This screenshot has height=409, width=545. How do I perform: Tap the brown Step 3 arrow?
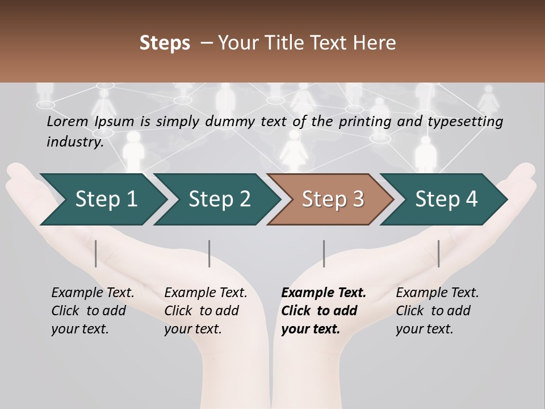[x=333, y=199]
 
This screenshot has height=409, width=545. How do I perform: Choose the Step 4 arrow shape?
[x=446, y=199]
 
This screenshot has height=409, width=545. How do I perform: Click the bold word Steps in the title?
[x=165, y=43]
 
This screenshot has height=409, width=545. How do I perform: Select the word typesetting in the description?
[x=469, y=121]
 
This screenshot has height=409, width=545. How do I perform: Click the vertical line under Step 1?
[x=96, y=253]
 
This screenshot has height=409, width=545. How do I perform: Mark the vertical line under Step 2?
[x=209, y=253]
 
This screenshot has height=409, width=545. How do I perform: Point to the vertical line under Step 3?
[x=324, y=253]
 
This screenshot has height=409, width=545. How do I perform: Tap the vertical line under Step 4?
[x=438, y=253]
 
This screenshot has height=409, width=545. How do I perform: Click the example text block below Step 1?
[x=93, y=311]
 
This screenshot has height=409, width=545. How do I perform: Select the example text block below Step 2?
[x=206, y=311]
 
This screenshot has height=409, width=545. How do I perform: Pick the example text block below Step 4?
[x=437, y=311]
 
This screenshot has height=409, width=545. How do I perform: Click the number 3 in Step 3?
[x=358, y=199]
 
